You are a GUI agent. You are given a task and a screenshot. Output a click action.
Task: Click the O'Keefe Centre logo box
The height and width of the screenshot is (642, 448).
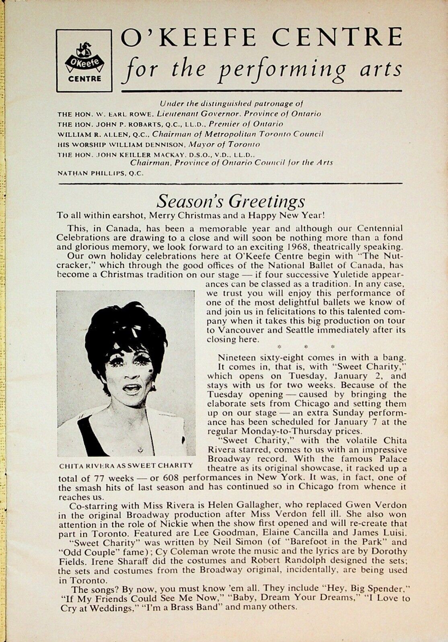click(84, 60)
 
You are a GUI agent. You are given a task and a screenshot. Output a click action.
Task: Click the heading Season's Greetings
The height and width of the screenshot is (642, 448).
click(230, 201)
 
